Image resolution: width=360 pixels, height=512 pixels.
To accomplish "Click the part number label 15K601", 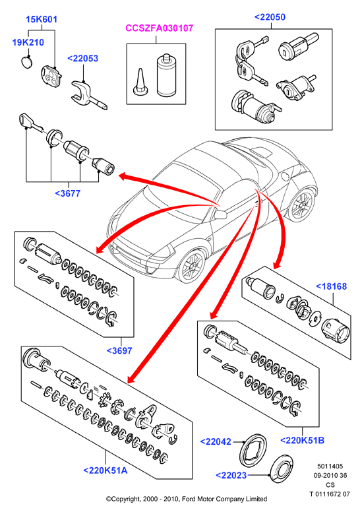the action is (42, 19).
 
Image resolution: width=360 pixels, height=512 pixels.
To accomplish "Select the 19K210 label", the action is (28, 42).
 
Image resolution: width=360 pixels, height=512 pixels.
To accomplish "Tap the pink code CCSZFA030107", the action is (160, 28).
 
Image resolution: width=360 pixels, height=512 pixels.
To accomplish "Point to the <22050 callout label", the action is (270, 17).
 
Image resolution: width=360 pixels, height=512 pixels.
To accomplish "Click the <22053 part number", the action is (82, 59).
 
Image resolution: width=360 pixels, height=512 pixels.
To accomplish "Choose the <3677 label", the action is (67, 193).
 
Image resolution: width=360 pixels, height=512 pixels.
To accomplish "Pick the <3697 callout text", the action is (119, 351).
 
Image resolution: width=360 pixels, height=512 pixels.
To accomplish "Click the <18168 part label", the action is (331, 286).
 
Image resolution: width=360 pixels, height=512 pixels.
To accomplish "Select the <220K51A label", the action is (105, 470).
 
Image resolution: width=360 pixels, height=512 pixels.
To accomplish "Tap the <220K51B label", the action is (302, 440).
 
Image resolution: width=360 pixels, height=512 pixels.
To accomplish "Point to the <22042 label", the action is (216, 441).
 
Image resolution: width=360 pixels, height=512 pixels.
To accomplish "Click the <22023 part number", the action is (231, 476).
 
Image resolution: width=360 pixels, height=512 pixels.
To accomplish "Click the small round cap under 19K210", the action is (28, 62).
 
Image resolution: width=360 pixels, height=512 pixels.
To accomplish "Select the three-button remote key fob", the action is (51, 77).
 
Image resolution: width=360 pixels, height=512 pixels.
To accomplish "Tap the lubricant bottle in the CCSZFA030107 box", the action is (166, 75).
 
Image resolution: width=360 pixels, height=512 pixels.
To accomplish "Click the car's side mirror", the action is (220, 214).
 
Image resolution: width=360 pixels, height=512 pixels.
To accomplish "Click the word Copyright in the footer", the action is (126, 499).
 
